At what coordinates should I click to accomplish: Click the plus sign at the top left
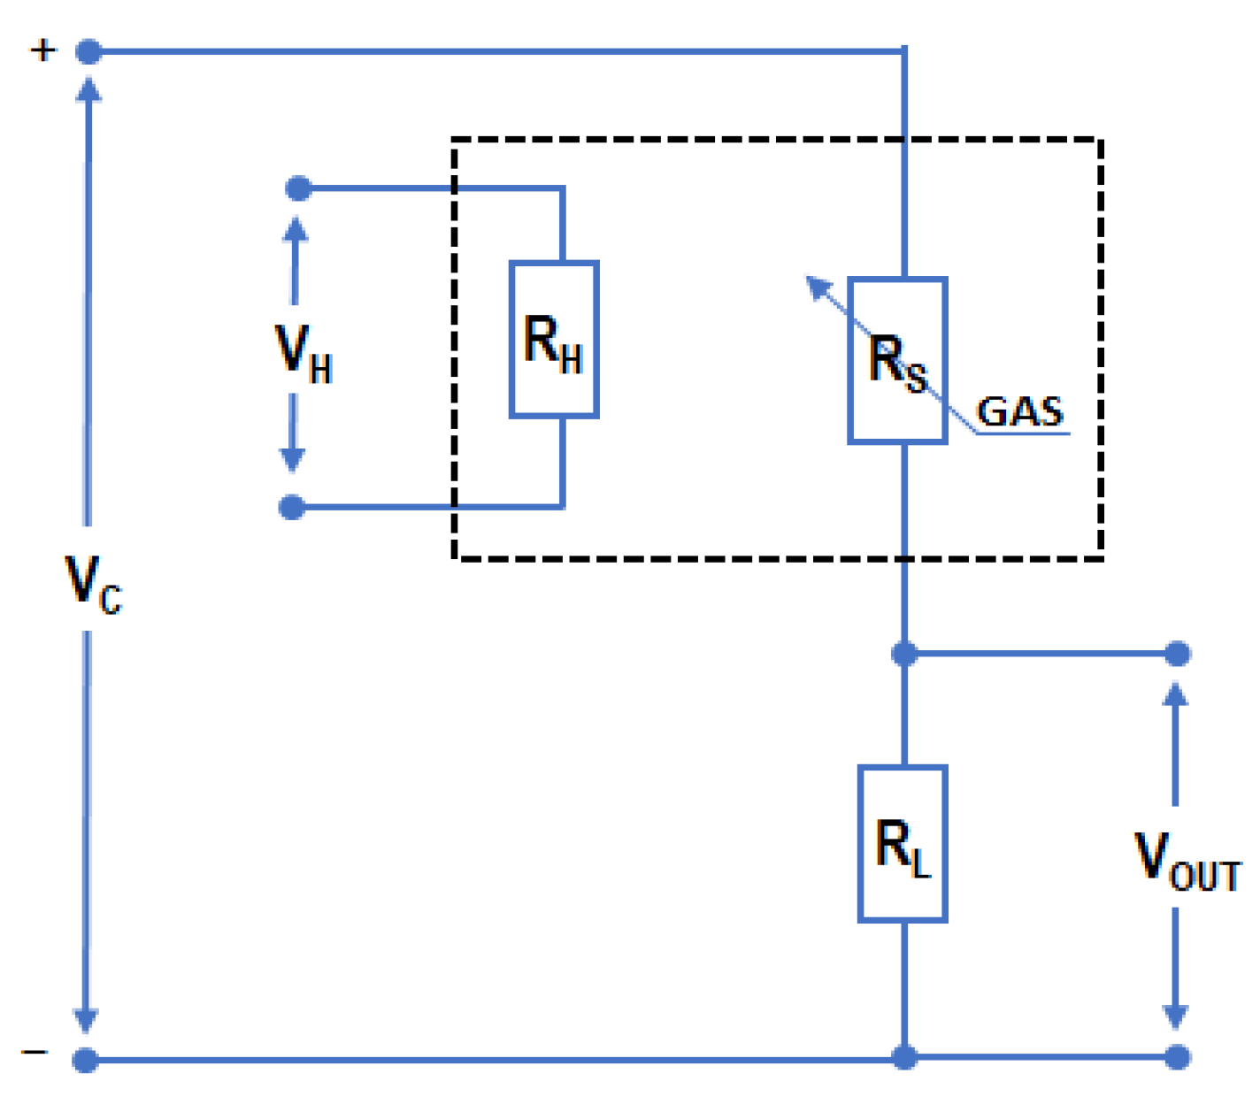pos(42,50)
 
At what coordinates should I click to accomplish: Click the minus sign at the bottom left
pos(35,1052)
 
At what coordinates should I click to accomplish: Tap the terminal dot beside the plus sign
pos(88,52)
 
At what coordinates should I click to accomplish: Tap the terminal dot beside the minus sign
pos(85,1059)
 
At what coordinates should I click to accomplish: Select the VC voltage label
pos(92,585)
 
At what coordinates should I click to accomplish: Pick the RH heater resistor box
pos(554,340)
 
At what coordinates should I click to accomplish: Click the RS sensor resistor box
pos(897,360)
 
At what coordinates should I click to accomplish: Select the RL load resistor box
pos(903,844)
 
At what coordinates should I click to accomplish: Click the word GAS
pos(1019,411)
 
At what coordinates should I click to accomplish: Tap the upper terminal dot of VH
pos(298,188)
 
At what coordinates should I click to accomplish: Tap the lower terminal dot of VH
pos(292,507)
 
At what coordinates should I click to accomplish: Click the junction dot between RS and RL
pos(904,654)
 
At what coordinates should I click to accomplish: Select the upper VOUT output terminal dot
pos(1177,654)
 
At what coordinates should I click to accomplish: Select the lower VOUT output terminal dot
pos(1177,1056)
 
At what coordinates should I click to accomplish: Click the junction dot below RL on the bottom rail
pos(904,1056)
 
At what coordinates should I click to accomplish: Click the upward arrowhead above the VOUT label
pos(1175,693)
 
